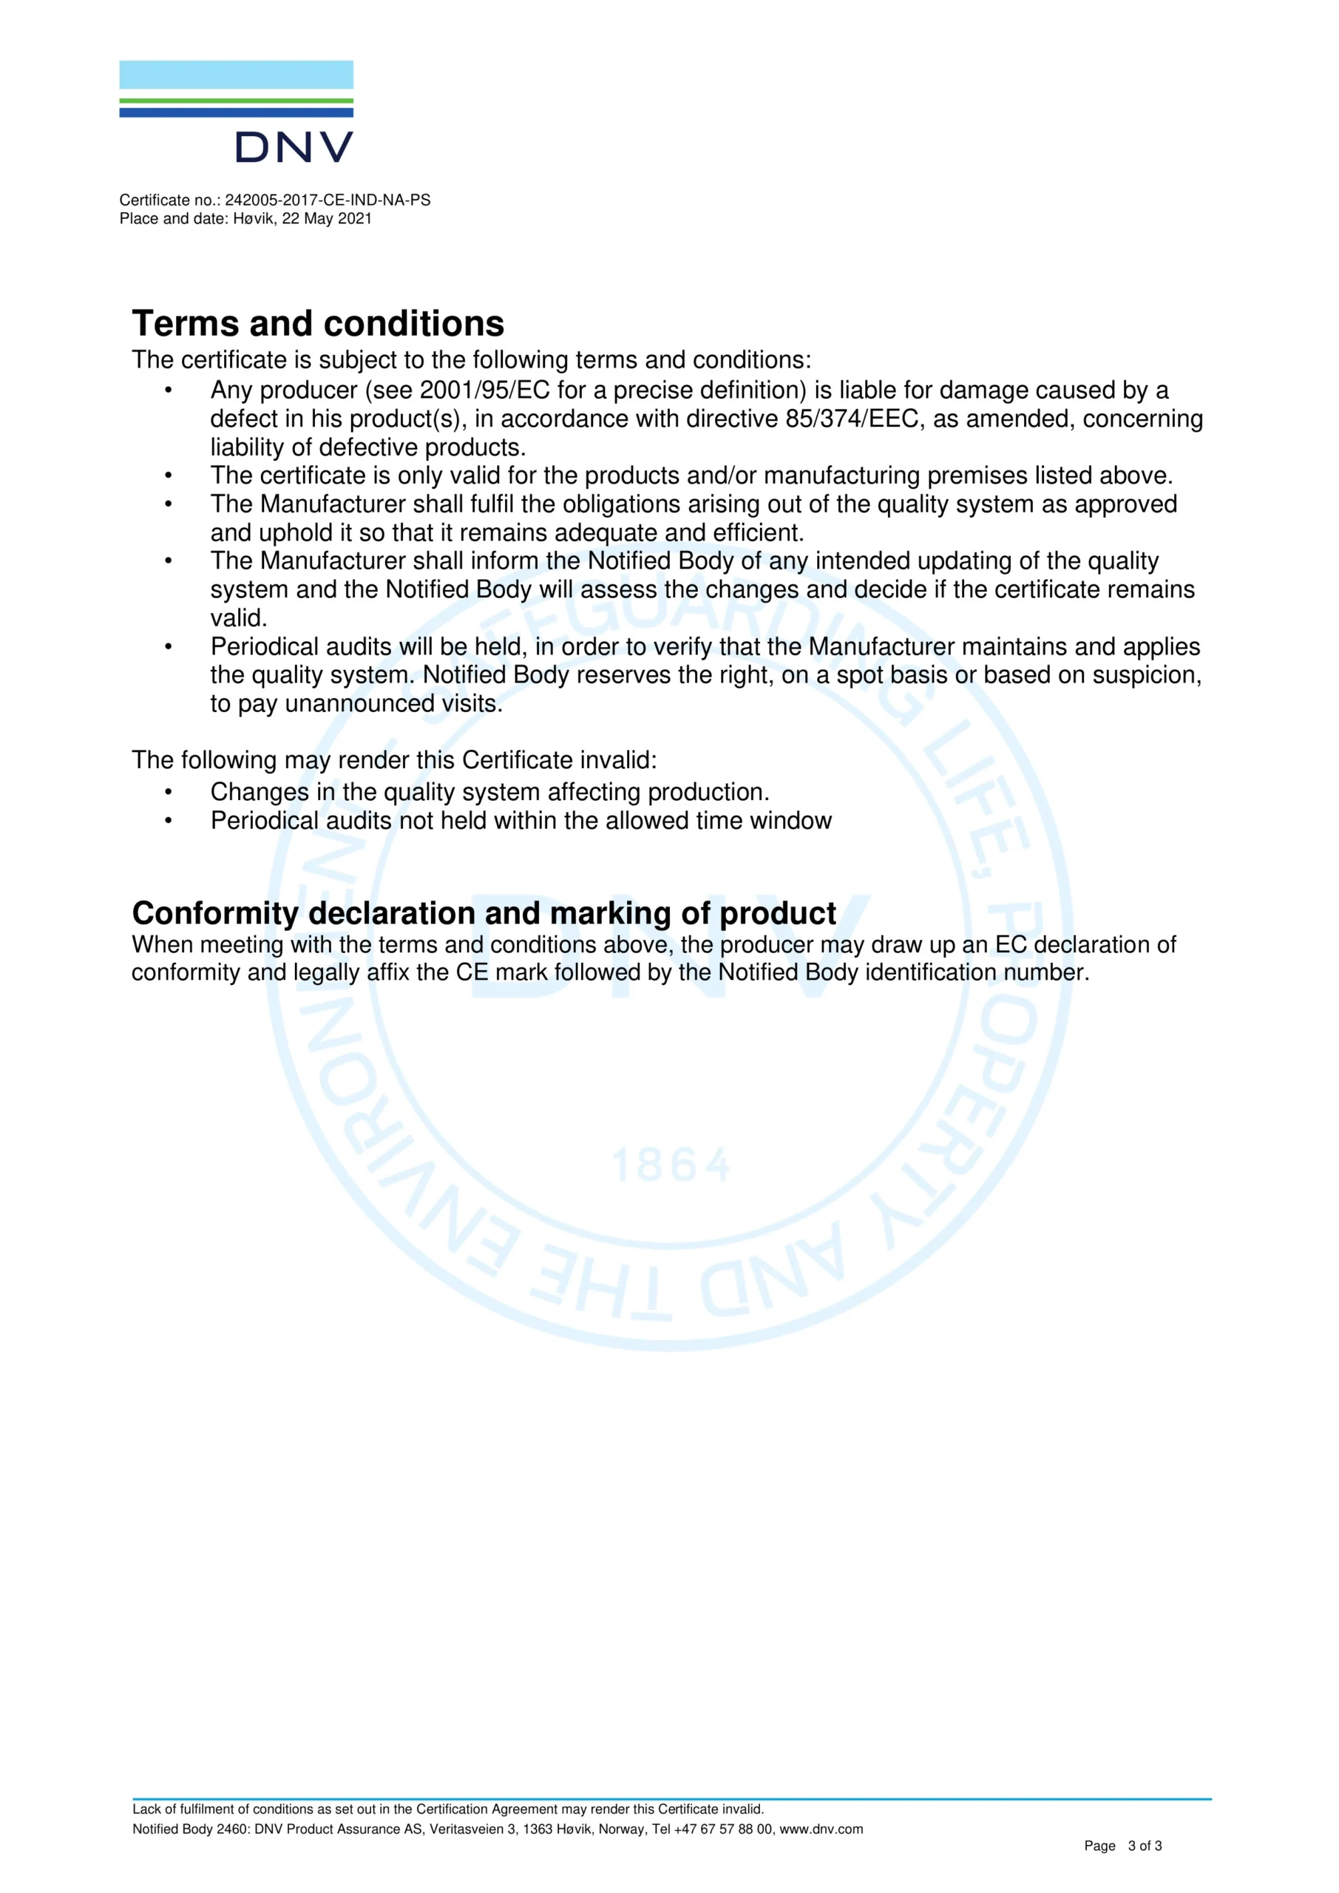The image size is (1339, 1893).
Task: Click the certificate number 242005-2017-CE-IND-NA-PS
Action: pyautogui.click(x=328, y=200)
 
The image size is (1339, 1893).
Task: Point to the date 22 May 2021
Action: pyautogui.click(x=327, y=218)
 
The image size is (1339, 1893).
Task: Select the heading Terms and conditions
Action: pyautogui.click(x=317, y=323)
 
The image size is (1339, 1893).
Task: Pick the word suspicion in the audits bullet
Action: pyautogui.click(x=1146, y=675)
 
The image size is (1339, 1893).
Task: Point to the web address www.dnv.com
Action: pyautogui.click(x=821, y=1829)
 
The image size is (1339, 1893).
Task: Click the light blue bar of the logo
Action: pyautogui.click(x=236, y=75)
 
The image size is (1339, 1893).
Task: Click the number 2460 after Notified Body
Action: pyautogui.click(x=231, y=1829)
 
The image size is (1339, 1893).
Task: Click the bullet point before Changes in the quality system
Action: pyautogui.click(x=168, y=792)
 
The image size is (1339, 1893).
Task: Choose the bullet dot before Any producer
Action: pyautogui.click(x=168, y=390)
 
